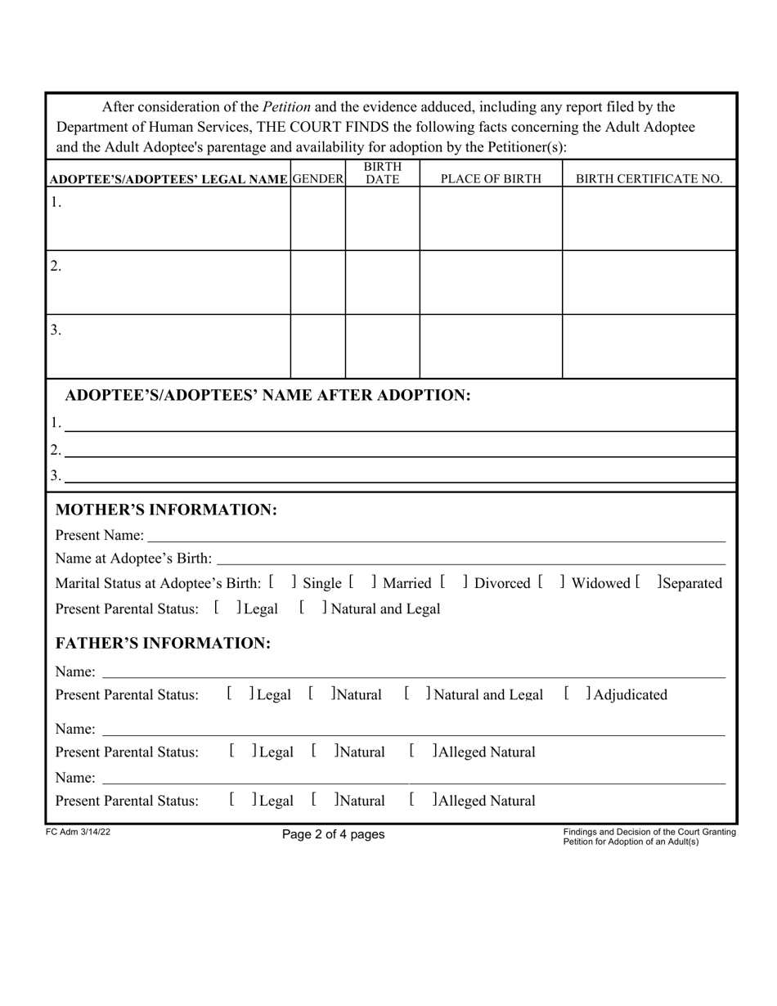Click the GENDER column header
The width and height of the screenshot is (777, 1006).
click(x=318, y=179)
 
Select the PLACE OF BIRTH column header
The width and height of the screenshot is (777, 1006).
click(x=491, y=179)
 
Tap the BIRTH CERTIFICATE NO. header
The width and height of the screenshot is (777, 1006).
click(x=649, y=179)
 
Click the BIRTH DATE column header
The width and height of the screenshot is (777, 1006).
click(x=382, y=173)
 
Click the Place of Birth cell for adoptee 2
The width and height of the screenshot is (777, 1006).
click(x=491, y=282)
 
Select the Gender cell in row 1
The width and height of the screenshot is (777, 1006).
click(x=318, y=218)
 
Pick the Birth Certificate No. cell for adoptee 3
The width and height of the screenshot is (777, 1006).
click(x=649, y=346)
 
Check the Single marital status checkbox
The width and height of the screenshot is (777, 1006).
click(x=281, y=583)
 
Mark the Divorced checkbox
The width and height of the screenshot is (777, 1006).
click(x=453, y=583)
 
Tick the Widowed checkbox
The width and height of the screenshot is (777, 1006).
click(x=550, y=583)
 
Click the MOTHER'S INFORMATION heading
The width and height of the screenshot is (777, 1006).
click(x=166, y=510)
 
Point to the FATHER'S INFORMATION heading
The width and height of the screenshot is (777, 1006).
click(x=163, y=644)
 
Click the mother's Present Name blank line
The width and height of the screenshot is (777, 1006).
click(x=434, y=537)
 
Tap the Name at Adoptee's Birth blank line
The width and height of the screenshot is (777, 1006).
click(x=470, y=559)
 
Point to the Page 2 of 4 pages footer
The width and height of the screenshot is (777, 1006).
click(x=333, y=834)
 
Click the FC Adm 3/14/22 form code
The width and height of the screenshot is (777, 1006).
click(x=78, y=832)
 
